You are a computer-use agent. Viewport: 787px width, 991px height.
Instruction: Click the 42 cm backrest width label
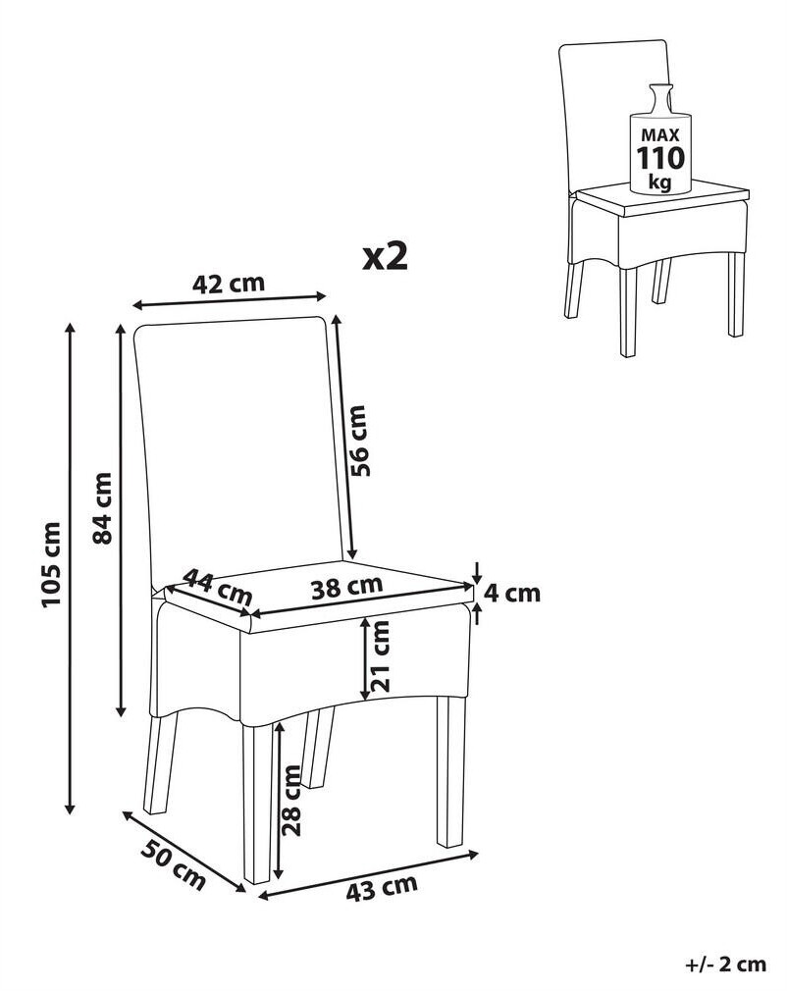point(229,284)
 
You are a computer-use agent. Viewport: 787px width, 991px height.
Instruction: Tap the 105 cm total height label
point(51,564)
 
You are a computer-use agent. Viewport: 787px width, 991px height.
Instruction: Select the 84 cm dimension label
point(101,507)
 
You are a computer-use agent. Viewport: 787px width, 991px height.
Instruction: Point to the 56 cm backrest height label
point(357,441)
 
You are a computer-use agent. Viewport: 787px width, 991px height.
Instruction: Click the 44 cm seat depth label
point(218,587)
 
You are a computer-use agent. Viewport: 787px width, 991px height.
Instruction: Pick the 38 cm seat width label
point(347,587)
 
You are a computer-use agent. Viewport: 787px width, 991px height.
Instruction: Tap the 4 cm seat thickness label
point(512,593)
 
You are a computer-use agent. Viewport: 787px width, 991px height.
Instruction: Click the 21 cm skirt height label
point(380,656)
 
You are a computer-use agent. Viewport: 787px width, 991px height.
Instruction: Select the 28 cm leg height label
point(292,800)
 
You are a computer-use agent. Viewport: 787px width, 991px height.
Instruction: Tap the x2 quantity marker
point(385,257)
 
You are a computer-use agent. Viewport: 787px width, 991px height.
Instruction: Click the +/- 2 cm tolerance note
point(725,965)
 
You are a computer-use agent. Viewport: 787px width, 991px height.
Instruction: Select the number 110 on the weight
point(660,158)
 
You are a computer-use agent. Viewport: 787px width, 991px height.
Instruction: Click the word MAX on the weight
point(660,134)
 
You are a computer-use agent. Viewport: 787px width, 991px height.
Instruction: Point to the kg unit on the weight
point(660,183)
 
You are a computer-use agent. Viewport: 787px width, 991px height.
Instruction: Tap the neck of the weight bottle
point(660,99)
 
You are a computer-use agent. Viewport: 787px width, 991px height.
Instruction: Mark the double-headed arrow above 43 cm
point(369,874)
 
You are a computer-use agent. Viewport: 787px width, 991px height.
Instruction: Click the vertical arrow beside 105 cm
point(71,567)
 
